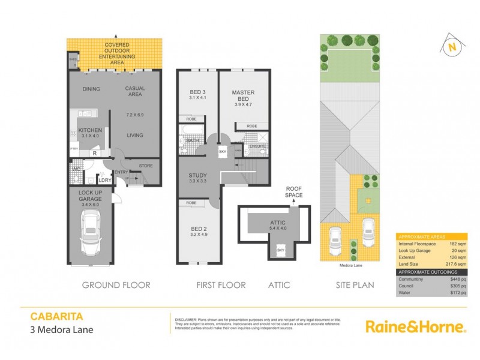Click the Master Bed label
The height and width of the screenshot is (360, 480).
pos(244,96)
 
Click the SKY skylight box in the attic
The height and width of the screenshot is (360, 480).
pos(280,248)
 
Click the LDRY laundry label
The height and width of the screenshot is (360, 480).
pos(105,179)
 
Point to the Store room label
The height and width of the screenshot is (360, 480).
pos(146,166)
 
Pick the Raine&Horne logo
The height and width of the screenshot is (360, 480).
pos(416,326)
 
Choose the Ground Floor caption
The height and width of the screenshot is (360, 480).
pos(116,285)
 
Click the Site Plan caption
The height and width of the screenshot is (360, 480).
pos(355,285)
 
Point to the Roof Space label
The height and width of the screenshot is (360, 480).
pos(294,192)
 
